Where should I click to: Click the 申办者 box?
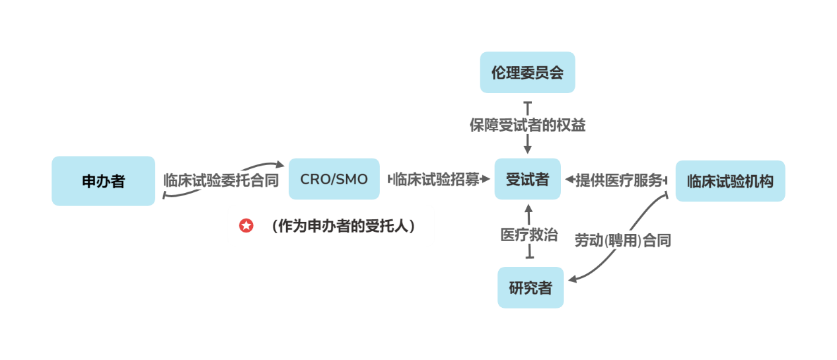[x=103, y=181]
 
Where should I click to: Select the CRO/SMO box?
[x=334, y=179]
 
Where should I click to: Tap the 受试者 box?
[x=527, y=179]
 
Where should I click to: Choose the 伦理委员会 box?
[x=527, y=73]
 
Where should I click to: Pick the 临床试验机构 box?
[x=729, y=181]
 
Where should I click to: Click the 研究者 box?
[x=530, y=287]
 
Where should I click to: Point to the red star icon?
[x=246, y=226]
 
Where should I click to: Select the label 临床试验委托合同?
[x=221, y=180]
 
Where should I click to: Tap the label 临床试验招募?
[x=437, y=180]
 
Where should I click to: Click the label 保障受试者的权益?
[x=527, y=125]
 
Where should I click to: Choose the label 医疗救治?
[x=528, y=234]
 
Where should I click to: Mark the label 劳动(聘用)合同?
[x=622, y=240]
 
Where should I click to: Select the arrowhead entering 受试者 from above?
[x=527, y=151]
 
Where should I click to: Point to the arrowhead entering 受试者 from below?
[x=527, y=207]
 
